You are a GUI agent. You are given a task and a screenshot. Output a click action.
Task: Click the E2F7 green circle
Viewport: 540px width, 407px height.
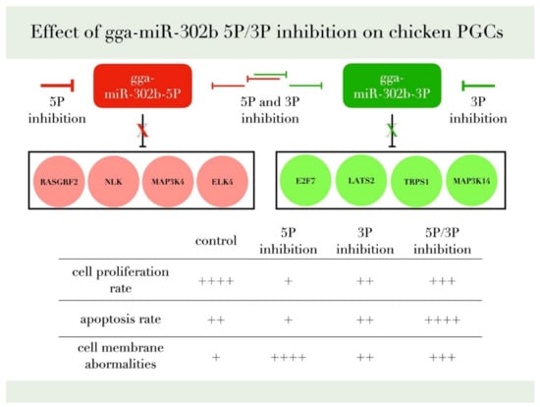click(301, 183)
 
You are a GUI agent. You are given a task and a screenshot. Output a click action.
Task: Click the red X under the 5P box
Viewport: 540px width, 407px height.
click(143, 131)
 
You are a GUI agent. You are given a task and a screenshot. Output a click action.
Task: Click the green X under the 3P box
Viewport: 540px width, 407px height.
click(392, 131)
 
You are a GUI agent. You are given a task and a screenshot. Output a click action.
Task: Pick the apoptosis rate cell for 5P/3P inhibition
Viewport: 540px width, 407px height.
click(440, 320)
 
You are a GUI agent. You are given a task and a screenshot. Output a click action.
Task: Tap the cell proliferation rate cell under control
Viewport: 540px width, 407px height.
click(216, 280)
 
